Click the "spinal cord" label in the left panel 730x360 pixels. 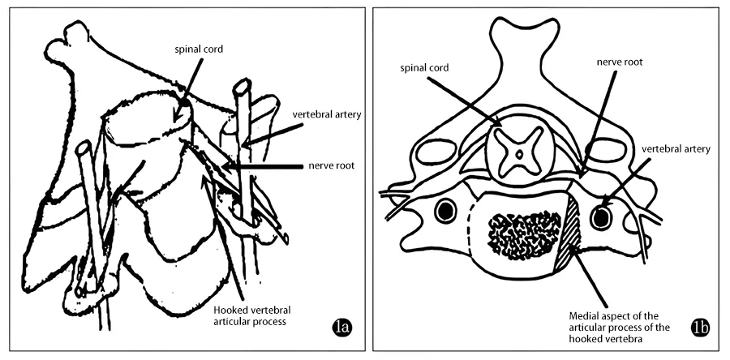(x=200, y=49)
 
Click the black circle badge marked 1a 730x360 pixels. (x=342, y=328)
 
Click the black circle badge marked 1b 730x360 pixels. (x=699, y=328)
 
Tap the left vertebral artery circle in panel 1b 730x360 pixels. (x=444, y=212)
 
